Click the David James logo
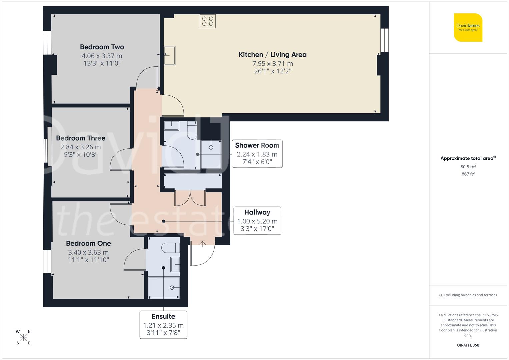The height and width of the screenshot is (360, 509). [468, 27]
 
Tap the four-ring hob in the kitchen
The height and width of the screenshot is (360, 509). [208, 21]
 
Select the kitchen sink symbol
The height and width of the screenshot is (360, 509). [170, 55]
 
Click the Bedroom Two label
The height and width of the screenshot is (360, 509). [102, 47]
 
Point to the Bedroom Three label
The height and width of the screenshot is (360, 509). [81, 138]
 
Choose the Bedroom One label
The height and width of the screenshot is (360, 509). [88, 243]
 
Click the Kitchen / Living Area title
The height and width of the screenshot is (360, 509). [272, 55]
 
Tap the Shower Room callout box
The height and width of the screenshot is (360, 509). [257, 154]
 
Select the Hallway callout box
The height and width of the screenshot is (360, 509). [257, 220]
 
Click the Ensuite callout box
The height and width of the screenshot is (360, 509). [163, 325]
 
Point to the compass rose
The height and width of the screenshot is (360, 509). [23, 337]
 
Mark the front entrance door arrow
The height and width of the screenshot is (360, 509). [203, 244]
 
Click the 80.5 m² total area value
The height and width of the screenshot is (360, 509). [468, 167]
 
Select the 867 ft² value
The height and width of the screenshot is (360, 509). [468, 174]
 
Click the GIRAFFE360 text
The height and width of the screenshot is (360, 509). [468, 345]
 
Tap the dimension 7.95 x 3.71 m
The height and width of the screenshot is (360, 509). [272, 64]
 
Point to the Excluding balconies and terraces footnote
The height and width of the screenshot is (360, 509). [468, 295]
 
